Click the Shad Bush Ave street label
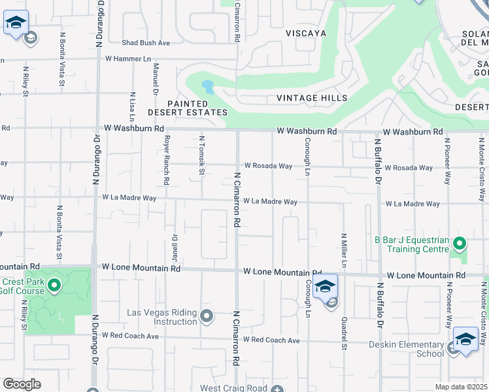[146, 42]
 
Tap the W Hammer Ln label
[133, 59]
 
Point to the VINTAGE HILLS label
[312, 98]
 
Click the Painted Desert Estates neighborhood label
[197, 108]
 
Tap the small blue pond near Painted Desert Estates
[207, 86]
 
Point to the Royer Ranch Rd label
[167, 160]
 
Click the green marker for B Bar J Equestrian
[460, 244]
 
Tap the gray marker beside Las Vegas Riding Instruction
[207, 317]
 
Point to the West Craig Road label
[235, 388]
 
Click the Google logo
[22, 384]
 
